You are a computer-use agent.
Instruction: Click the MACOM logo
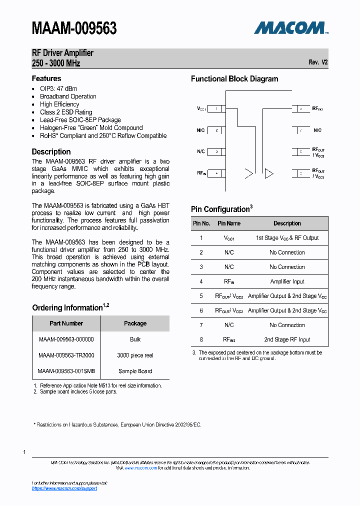[x=290, y=28]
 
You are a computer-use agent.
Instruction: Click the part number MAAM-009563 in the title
[x=74, y=28]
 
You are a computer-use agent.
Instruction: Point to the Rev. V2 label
[x=318, y=62]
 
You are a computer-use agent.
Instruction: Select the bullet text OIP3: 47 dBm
[x=58, y=88]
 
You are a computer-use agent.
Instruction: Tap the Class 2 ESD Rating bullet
[x=66, y=112]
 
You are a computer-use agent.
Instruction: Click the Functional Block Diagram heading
[x=234, y=78]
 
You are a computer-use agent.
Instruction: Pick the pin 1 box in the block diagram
[x=216, y=108]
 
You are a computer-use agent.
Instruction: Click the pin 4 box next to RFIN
[x=216, y=173]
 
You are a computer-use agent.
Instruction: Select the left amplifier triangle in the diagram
[x=248, y=173]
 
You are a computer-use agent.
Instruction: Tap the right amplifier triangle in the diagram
[x=269, y=173]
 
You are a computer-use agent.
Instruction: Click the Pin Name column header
[x=229, y=223]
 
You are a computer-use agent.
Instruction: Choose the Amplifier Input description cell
[x=287, y=281]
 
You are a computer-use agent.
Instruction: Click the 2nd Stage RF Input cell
[x=287, y=339]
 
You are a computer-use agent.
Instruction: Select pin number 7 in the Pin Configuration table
[x=201, y=325]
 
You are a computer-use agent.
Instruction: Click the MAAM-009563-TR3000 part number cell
[x=66, y=355]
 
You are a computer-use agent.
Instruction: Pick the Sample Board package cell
[x=135, y=371]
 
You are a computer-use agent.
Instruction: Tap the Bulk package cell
[x=135, y=339]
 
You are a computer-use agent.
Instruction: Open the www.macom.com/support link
[x=64, y=488]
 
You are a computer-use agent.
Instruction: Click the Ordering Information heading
[x=67, y=307]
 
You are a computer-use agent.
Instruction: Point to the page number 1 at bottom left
[x=24, y=452]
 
